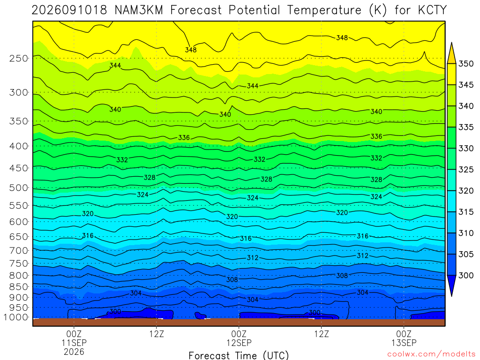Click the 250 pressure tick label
(x=19, y=58)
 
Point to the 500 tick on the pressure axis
(x=19, y=187)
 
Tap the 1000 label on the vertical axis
(x=16, y=317)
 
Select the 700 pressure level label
(x=19, y=250)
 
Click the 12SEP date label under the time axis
(x=239, y=343)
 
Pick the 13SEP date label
(x=404, y=343)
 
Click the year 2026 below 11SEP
(x=74, y=352)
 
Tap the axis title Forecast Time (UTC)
(x=239, y=355)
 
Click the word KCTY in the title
(x=432, y=10)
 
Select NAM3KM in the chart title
(x=139, y=10)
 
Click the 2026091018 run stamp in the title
(x=69, y=10)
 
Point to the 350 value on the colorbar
(x=466, y=64)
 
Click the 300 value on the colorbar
(x=466, y=276)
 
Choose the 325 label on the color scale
(x=466, y=170)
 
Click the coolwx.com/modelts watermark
(x=431, y=354)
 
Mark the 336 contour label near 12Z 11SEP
(x=184, y=138)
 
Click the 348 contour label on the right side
(x=342, y=38)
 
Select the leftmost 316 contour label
(x=88, y=236)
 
